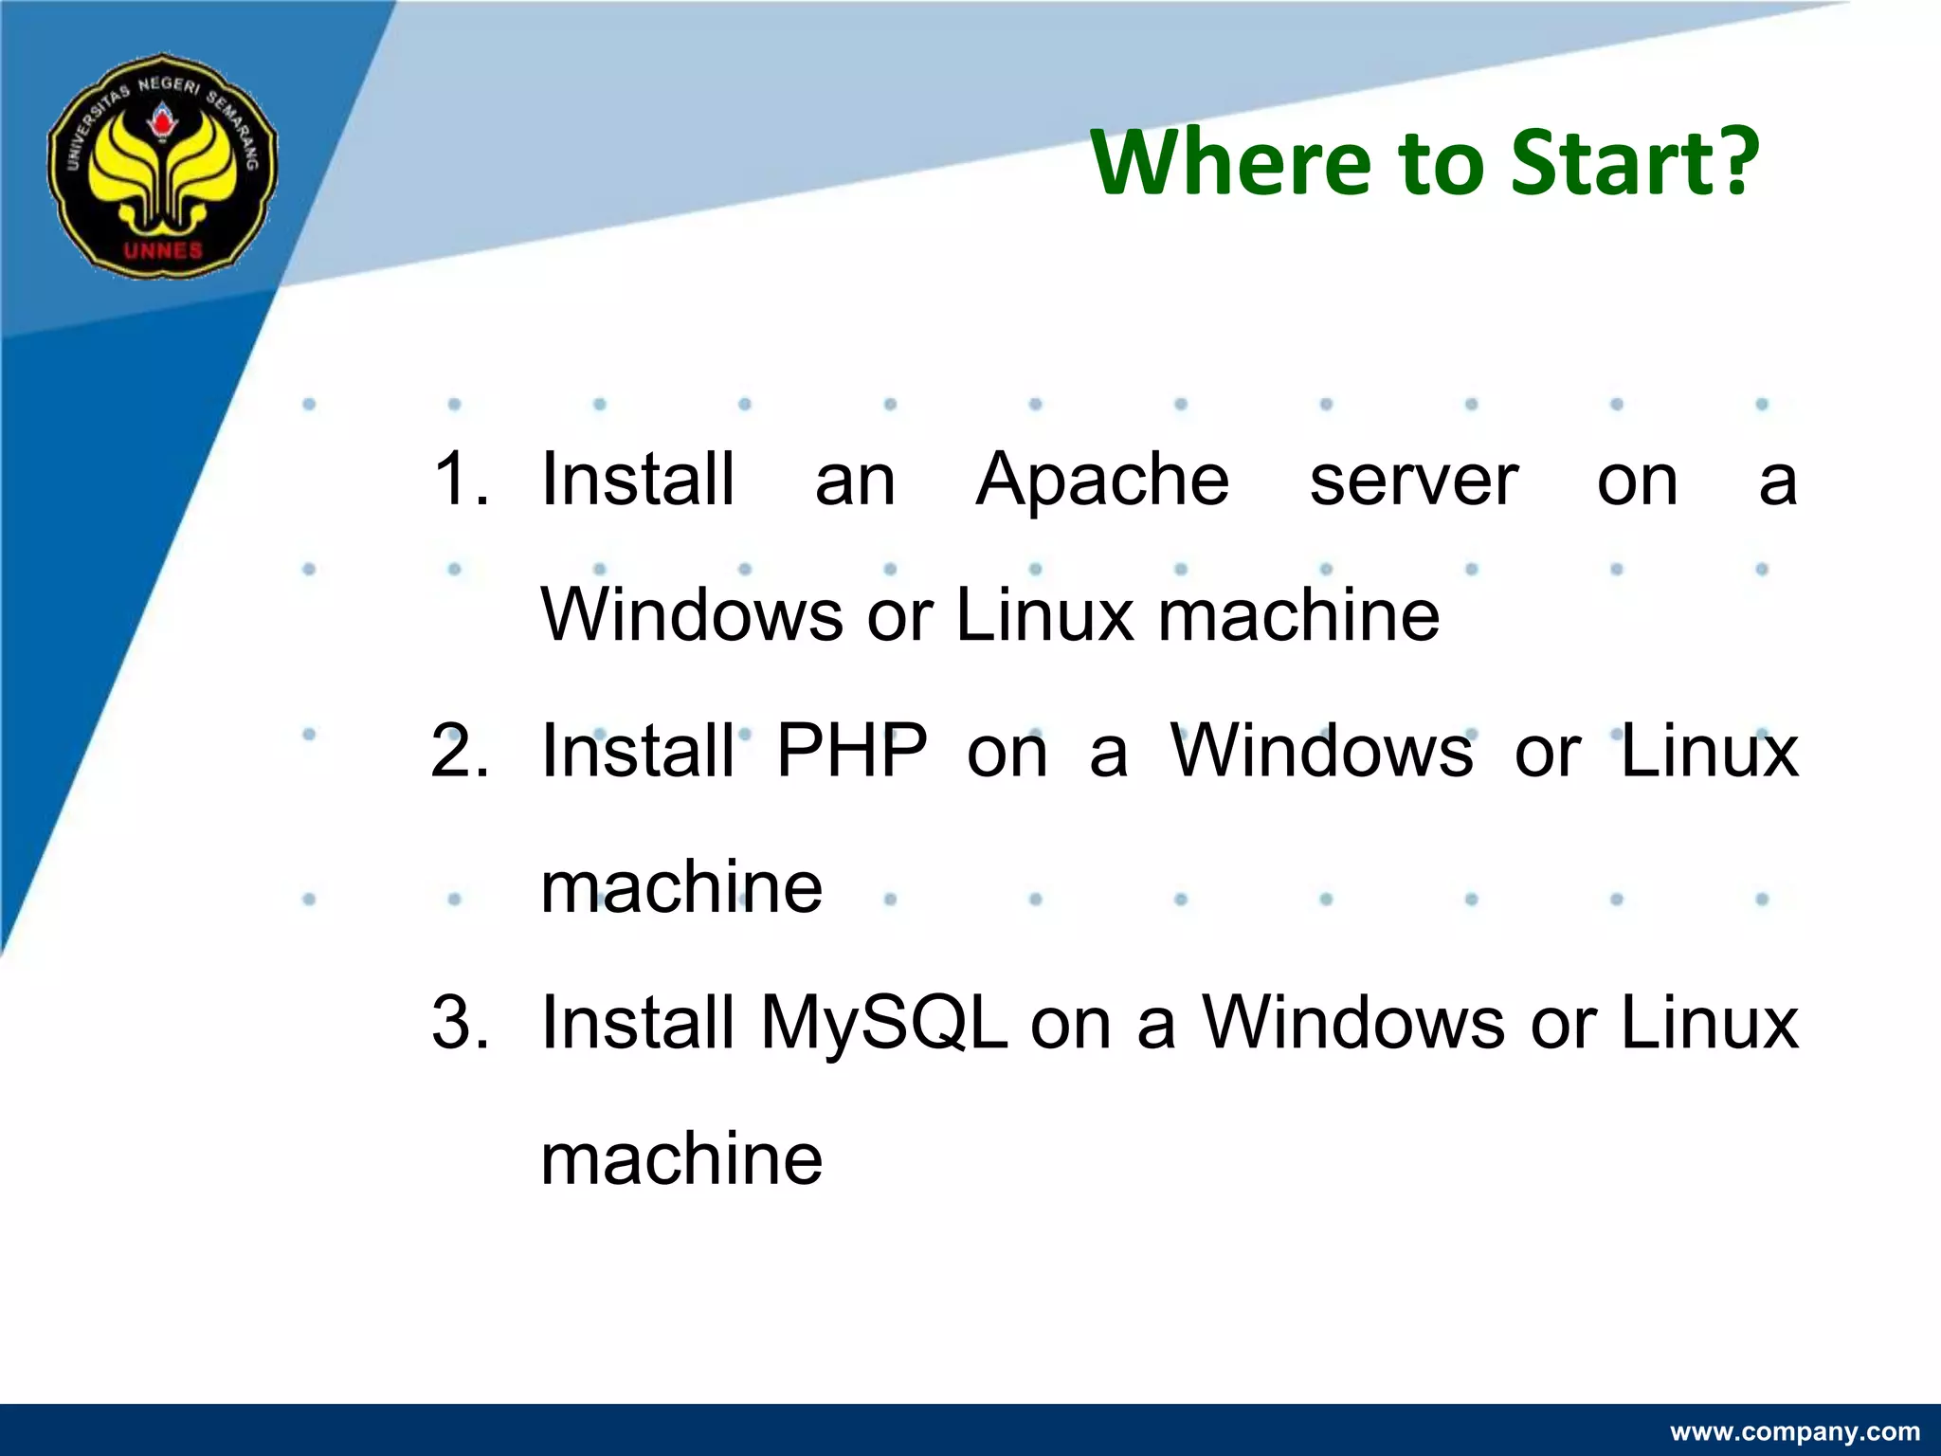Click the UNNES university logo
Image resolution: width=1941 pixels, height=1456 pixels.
pos(163,166)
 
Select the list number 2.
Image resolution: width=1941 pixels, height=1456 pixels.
pos(461,751)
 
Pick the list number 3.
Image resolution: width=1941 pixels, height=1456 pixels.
pos(461,1023)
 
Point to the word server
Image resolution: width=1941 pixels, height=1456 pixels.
pos(1413,481)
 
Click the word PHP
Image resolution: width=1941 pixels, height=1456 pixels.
pos(852,751)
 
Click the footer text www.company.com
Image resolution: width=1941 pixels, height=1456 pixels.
pos(1794,1431)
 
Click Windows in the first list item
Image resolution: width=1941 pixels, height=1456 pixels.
pos(691,615)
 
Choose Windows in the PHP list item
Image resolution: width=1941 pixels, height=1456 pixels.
pos(1322,751)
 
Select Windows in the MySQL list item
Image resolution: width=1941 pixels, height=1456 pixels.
pos(1353,1023)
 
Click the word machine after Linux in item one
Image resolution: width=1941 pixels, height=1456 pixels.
pos(1298,615)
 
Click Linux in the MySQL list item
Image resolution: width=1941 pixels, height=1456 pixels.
pos(1709,1023)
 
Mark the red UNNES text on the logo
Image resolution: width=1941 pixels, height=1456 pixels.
pos(163,250)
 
